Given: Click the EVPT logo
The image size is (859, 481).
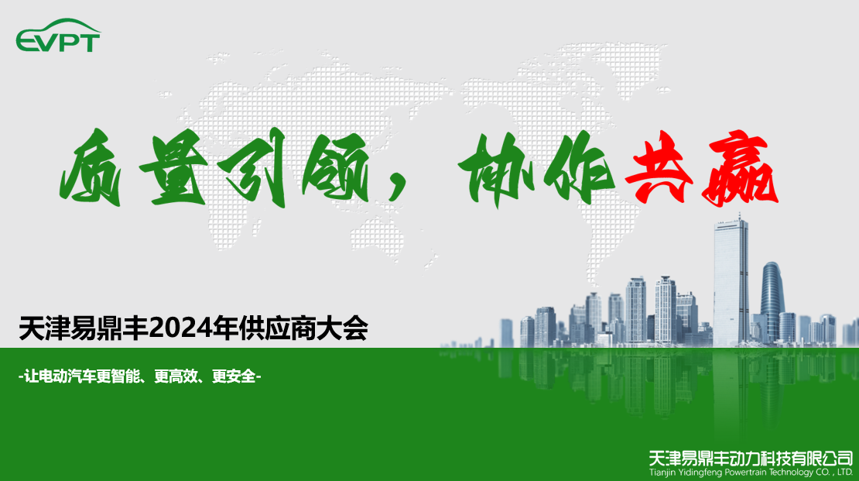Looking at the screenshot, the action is [58, 36].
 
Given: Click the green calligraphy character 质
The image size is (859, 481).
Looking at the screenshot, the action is [91, 167].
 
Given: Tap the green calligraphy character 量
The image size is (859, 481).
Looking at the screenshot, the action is [172, 167].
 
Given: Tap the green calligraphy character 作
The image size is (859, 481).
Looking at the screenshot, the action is [579, 168].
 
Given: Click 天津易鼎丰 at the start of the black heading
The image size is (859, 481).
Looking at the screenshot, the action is [84, 328].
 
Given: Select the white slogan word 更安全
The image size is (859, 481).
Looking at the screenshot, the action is [234, 376].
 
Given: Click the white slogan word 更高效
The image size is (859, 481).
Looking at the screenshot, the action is [176, 376].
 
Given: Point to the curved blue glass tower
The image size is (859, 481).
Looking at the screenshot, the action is [772, 301].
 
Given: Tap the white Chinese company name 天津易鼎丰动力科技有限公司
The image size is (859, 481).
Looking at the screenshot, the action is [751, 458].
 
